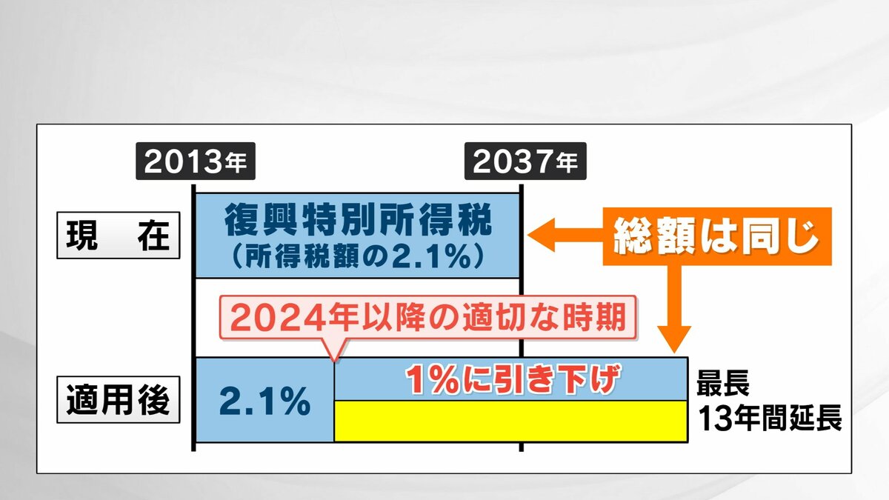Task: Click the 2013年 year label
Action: click(196, 161)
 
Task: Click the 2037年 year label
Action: click(525, 161)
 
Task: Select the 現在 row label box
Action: click(119, 236)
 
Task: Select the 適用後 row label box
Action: click(119, 399)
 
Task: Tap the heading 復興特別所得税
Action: click(359, 219)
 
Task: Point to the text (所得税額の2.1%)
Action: click(358, 256)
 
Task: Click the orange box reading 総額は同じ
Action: click(717, 236)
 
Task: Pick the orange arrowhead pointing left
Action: click(542, 235)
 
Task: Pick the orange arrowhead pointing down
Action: click(674, 339)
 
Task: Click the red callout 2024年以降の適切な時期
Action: click(428, 318)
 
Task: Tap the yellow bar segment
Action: click(510, 421)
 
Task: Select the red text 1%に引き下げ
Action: click(513, 379)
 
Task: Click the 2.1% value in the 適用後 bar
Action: click(264, 401)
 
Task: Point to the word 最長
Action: click(723, 382)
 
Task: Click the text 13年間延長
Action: click(770, 419)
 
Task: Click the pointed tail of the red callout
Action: click(335, 360)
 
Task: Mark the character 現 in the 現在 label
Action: click(81, 236)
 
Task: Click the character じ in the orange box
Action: click(802, 237)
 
